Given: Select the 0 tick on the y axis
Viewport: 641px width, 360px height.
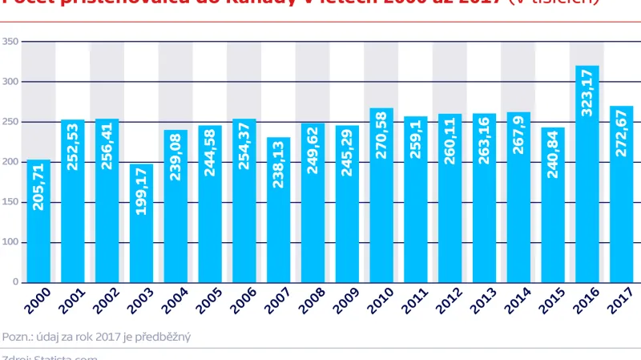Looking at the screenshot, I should tap(15, 282).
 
